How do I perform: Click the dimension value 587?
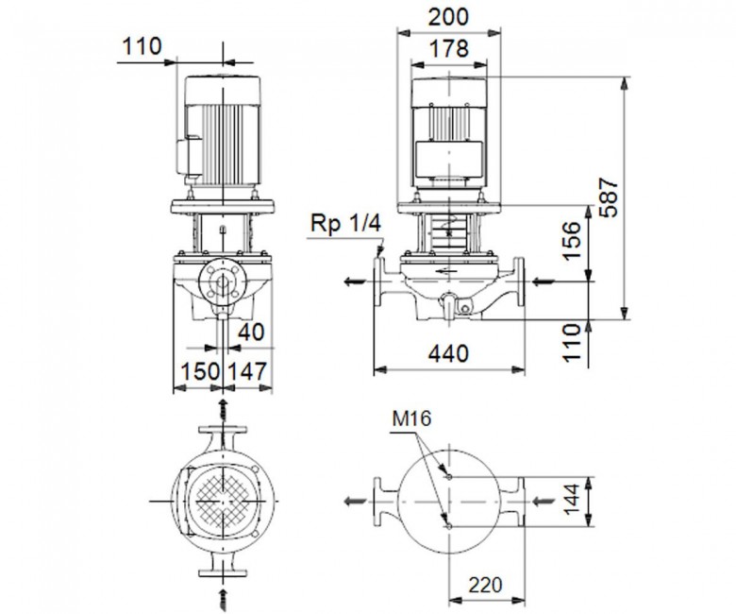[x=611, y=196]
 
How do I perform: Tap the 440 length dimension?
[x=448, y=353]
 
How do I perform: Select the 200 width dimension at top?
[x=448, y=17]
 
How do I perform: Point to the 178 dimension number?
[x=449, y=48]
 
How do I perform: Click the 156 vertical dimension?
[x=571, y=241]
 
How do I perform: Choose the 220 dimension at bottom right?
[x=485, y=586]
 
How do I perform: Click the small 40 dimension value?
[x=251, y=333]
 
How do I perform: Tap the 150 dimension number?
[x=200, y=371]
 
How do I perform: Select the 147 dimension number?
[x=247, y=371]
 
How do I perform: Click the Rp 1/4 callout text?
[x=345, y=224]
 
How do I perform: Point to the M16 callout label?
[x=411, y=418]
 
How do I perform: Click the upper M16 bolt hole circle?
[x=449, y=477]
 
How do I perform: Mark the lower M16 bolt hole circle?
[x=449, y=526]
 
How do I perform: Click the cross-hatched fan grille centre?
[x=223, y=502]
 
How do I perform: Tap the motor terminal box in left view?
[x=189, y=156]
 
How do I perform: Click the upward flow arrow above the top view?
[x=224, y=410]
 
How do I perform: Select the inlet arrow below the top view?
[x=224, y=597]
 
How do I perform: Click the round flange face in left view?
[x=223, y=281]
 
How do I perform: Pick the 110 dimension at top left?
[x=142, y=46]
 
